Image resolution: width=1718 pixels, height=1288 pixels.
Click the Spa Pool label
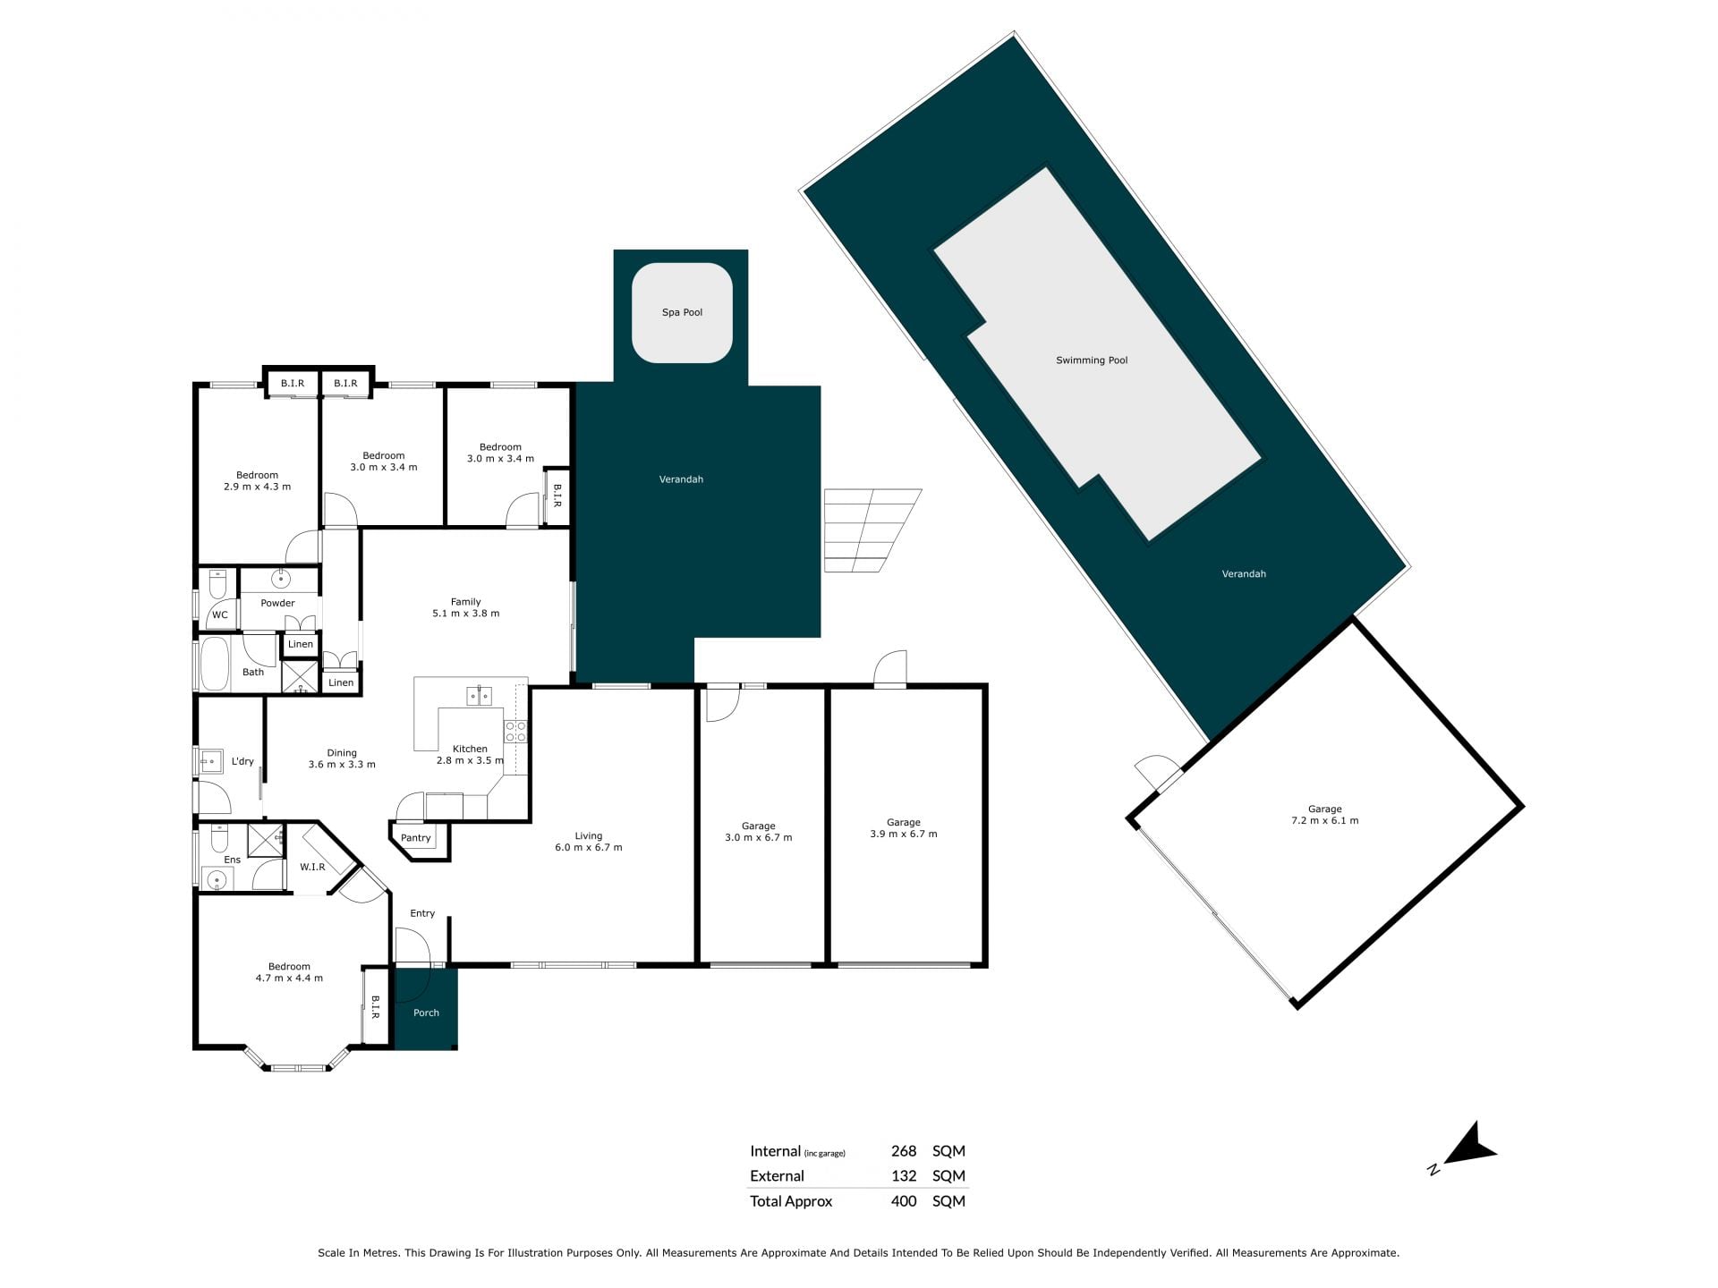[682, 312]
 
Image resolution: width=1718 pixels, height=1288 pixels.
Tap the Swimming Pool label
[1092, 360]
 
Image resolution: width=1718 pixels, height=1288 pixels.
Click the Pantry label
[416, 838]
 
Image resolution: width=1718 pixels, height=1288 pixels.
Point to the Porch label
[426, 1013]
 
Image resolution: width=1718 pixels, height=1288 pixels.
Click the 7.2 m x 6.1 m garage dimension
[1324, 820]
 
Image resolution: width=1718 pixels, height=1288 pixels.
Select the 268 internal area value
[904, 1151]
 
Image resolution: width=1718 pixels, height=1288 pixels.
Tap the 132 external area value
[904, 1176]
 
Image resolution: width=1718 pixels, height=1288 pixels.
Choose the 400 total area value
[904, 1201]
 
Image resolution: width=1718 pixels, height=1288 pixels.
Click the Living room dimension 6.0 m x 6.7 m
[588, 847]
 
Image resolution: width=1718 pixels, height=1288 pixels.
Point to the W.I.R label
[312, 867]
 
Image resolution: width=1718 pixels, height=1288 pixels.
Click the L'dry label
[242, 761]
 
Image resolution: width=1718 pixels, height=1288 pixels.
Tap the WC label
[220, 614]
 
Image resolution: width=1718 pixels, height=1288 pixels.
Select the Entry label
[422, 913]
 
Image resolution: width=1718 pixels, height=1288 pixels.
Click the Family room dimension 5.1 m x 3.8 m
[465, 614]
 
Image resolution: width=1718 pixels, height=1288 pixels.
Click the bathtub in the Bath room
[214, 663]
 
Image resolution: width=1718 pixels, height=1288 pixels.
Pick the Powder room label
[277, 603]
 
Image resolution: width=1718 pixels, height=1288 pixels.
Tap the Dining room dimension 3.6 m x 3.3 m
[342, 765]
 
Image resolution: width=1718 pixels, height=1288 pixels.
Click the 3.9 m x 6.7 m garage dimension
[904, 834]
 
